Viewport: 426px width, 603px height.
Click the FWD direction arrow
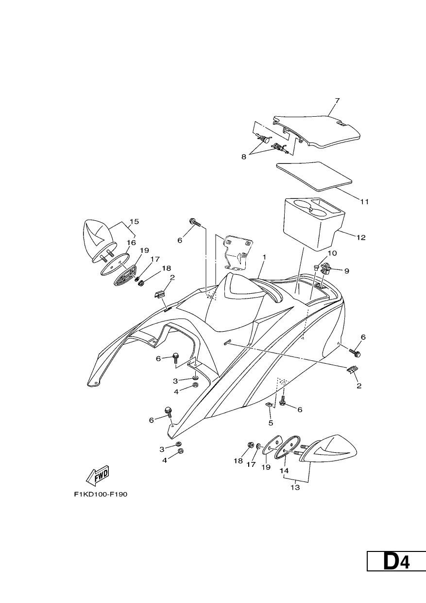click(x=97, y=476)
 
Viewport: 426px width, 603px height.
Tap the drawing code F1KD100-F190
click(x=101, y=494)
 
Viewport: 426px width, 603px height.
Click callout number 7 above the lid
click(x=337, y=100)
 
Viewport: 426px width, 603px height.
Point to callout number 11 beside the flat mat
click(x=364, y=201)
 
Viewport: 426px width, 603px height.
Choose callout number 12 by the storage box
click(x=361, y=237)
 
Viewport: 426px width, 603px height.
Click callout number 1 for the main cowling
click(x=264, y=257)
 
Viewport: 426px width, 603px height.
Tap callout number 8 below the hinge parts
click(x=244, y=157)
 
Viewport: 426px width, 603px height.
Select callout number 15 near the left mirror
click(x=134, y=221)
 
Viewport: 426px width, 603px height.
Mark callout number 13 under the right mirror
click(x=295, y=488)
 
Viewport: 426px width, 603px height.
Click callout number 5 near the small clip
click(x=271, y=423)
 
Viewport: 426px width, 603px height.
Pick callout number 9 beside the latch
click(x=347, y=271)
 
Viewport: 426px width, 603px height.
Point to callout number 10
click(x=332, y=253)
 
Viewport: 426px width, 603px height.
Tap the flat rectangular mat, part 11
click(x=314, y=177)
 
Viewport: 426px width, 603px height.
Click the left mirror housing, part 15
click(x=98, y=240)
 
